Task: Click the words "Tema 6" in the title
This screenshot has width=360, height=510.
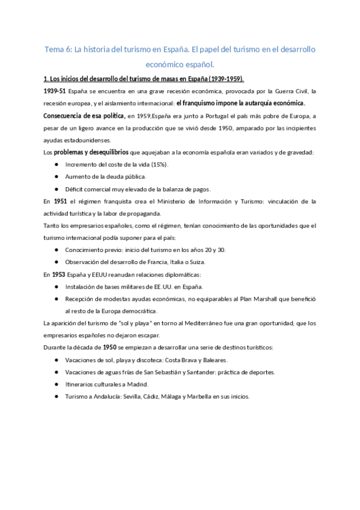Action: [58, 48]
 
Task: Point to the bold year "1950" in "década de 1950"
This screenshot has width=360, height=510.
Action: [109, 347]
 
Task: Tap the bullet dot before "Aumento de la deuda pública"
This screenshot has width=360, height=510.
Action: [56, 176]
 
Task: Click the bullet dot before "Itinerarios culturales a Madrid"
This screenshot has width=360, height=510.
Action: [56, 384]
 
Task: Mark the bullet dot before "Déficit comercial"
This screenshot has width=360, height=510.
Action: [56, 189]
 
